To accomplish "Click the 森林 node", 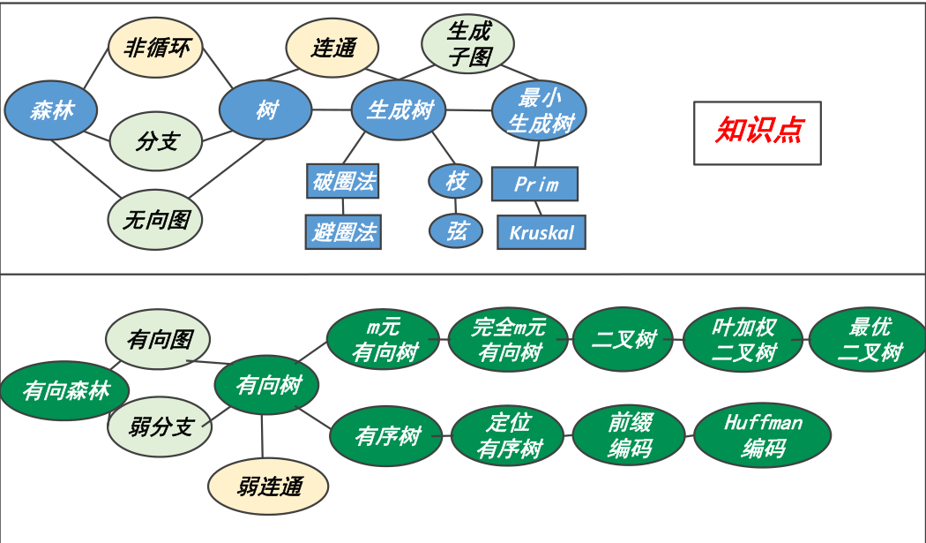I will point(50,110).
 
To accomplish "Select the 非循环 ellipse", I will point(155,48).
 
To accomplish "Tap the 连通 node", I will point(332,49).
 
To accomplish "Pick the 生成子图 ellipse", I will point(467,44).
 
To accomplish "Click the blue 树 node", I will point(265,110).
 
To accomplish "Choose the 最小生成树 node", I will point(539,110).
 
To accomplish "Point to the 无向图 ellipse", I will point(155,219).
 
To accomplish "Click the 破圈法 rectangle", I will point(343,182).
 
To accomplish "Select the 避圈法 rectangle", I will point(343,232).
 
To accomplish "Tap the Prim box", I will point(534,185).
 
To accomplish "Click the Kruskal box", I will point(541,233).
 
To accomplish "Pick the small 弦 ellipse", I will point(456,231).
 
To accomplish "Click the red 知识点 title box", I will point(758,132).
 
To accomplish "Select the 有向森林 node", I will point(65,390).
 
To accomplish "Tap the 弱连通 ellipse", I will point(268,486).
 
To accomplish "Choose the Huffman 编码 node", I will point(763,435).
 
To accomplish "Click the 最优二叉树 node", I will point(869,340).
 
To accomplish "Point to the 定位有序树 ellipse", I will point(509,435).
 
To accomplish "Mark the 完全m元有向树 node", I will point(509,340).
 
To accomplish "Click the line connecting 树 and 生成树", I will point(332,110).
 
